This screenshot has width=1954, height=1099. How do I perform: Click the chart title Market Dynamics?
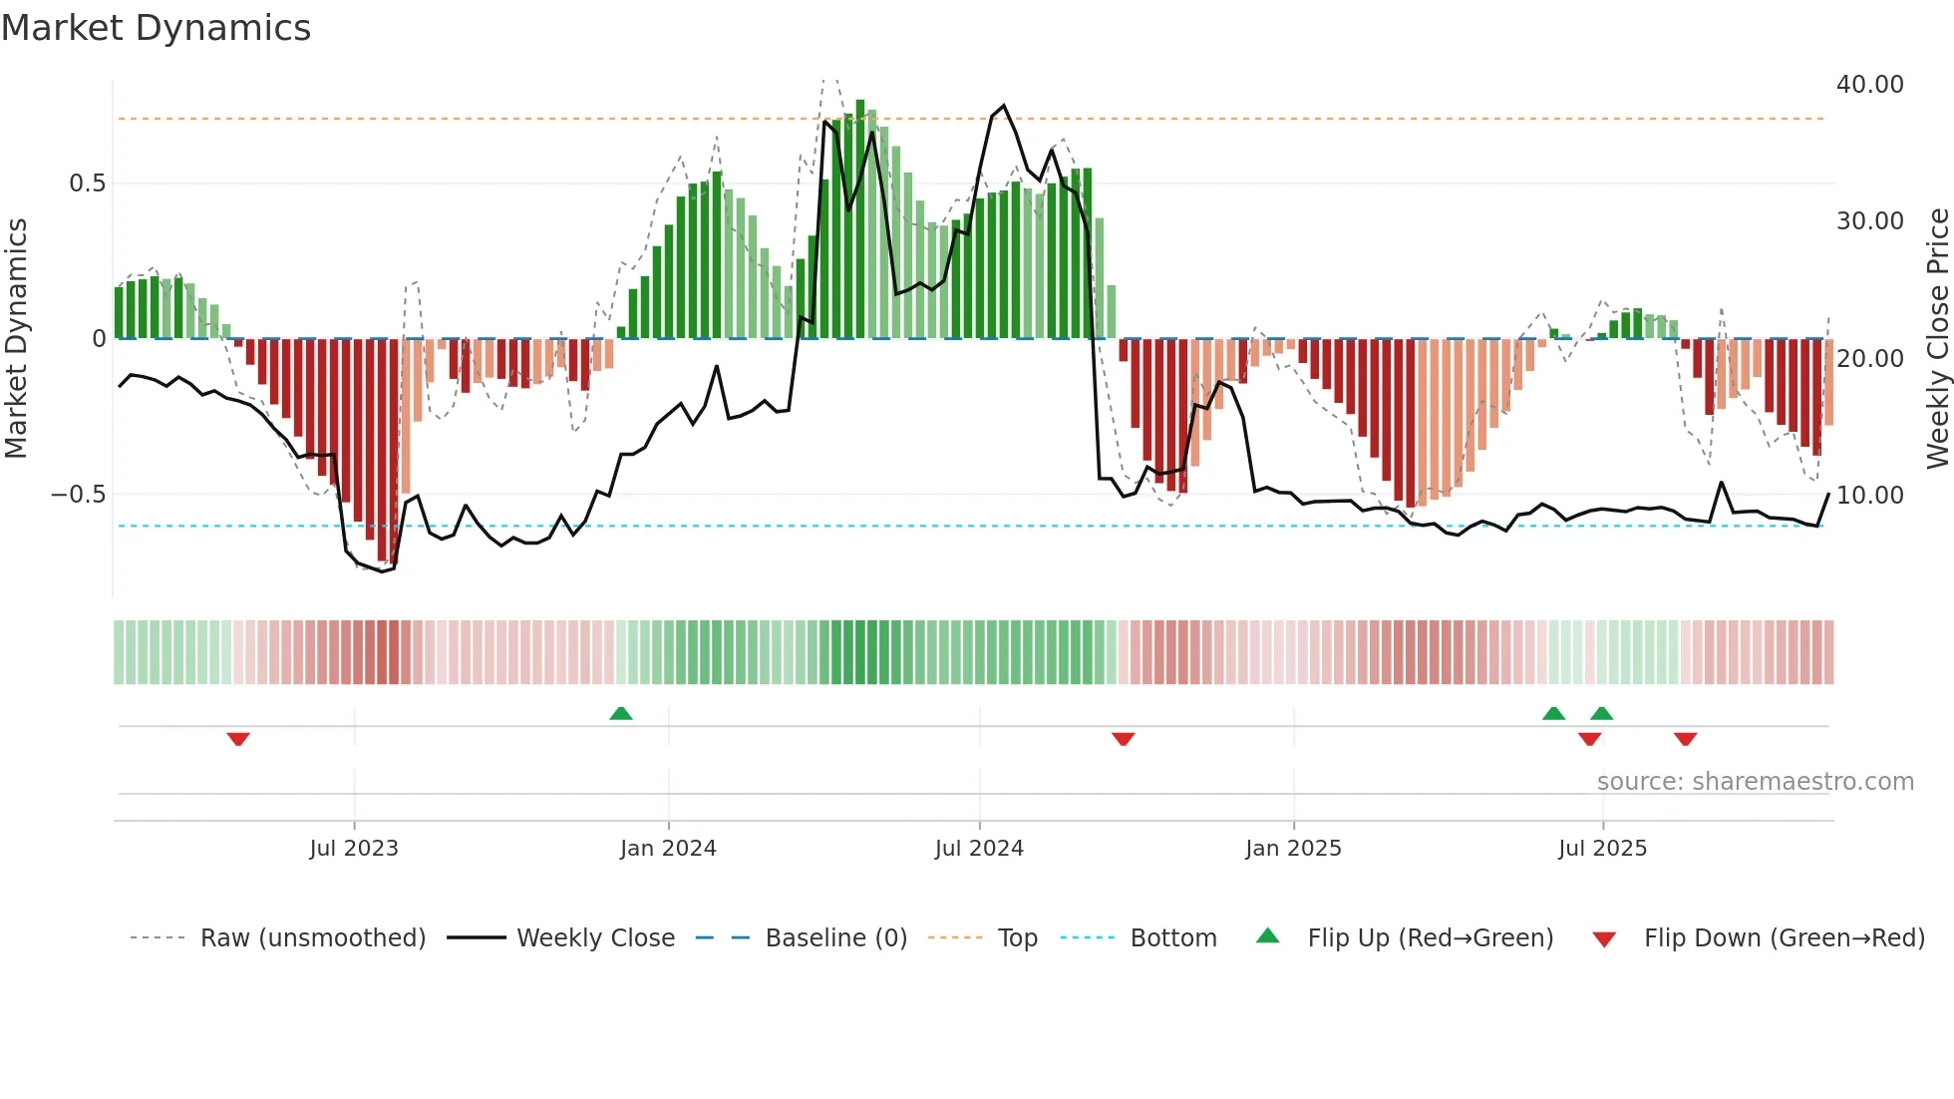(x=156, y=28)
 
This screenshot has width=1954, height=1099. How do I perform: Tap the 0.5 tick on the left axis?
(x=87, y=183)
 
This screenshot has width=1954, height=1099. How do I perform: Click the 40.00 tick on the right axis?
(x=1869, y=85)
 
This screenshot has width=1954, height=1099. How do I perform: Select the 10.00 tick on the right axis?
(x=1869, y=495)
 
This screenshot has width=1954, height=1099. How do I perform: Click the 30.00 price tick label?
(x=1869, y=221)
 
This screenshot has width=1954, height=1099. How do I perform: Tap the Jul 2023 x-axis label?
(x=354, y=849)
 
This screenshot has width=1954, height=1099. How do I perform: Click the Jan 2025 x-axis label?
(x=1293, y=849)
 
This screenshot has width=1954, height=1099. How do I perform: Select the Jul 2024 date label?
(x=979, y=849)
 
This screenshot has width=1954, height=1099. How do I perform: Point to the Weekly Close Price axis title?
(x=1937, y=339)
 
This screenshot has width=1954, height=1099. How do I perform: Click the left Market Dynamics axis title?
(x=16, y=339)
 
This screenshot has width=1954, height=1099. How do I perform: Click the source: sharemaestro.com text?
(x=1755, y=782)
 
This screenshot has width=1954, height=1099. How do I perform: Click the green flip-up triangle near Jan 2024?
(x=621, y=713)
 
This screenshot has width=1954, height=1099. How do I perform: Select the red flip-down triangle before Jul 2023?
(x=238, y=739)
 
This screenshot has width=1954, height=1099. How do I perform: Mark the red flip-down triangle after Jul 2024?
(x=1124, y=739)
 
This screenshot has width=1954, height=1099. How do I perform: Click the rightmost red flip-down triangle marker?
(x=1685, y=739)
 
